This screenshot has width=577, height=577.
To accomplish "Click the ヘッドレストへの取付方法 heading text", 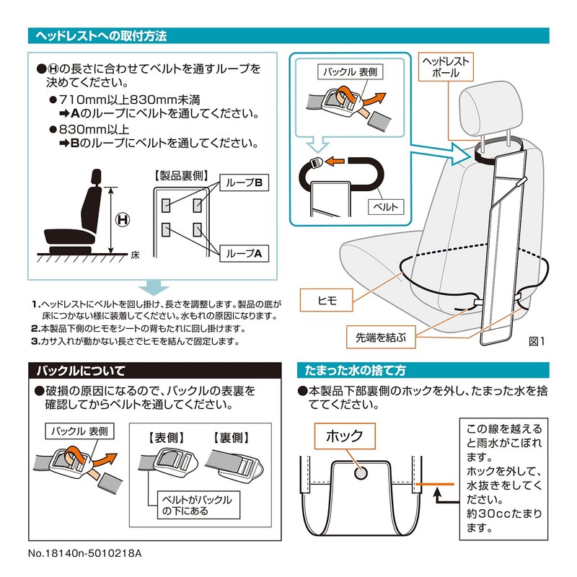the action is click(101, 35).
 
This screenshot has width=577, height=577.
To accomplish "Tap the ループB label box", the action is click(244, 182).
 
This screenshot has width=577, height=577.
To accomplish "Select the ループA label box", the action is click(244, 253).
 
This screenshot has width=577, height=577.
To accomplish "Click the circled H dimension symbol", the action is click(123, 220).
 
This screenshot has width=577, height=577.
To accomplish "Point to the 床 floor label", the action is click(135, 255).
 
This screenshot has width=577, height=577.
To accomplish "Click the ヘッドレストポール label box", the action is click(446, 66).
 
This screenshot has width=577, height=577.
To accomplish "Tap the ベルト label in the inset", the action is click(386, 207).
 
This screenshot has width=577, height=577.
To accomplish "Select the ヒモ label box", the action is click(327, 300).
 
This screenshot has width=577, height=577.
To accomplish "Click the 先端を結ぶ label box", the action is click(381, 337).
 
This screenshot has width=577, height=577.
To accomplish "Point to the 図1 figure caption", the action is click(537, 341).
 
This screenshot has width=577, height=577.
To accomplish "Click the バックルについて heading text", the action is click(81, 371).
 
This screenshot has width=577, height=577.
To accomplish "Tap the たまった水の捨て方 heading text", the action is click(355, 370).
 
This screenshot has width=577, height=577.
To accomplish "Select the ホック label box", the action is click(345, 436).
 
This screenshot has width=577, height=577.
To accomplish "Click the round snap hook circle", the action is click(361, 473).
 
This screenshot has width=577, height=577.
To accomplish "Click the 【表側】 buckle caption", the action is click(167, 438).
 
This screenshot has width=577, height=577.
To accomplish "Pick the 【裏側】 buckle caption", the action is click(232, 438).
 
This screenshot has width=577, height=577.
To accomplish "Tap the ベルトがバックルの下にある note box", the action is click(198, 505).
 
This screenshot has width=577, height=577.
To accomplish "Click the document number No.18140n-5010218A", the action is click(84, 553).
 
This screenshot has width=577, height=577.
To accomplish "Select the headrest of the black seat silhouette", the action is click(96, 177).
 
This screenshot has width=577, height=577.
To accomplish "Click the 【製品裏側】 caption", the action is click(182, 176).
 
